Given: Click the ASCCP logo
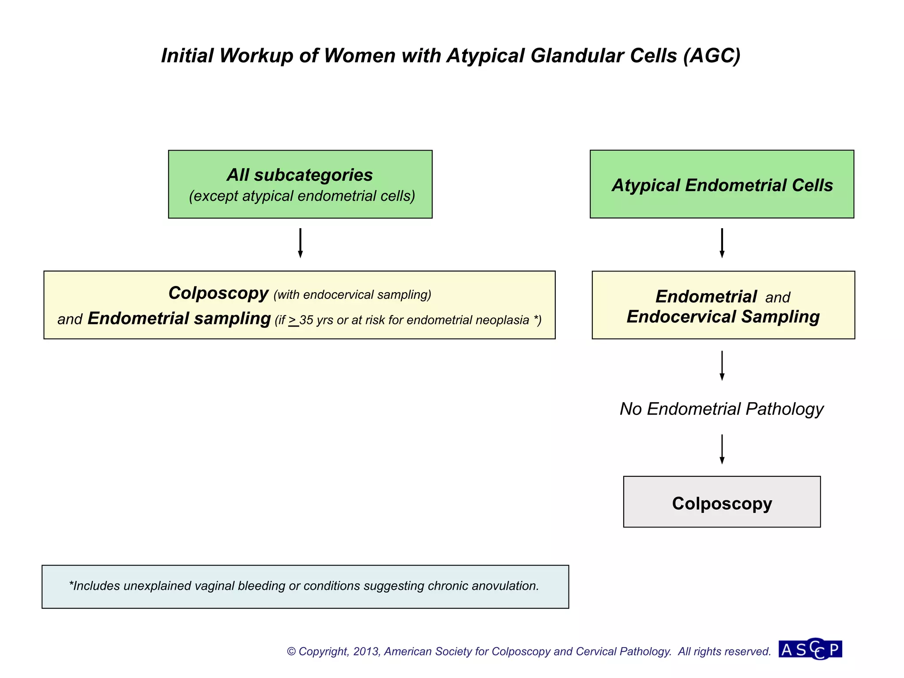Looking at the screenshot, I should tap(810, 649).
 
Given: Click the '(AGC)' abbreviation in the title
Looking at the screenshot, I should tap(712, 56).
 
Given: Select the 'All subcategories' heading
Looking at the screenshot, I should tap(300, 175).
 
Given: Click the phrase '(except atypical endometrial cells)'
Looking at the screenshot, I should tap(302, 196).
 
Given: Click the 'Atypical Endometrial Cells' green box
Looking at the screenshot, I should tap(722, 185).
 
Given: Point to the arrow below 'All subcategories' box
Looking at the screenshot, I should tap(300, 243).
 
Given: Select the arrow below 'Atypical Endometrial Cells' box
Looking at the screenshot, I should tap(722, 243).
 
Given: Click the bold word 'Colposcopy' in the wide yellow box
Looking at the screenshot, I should tap(218, 293).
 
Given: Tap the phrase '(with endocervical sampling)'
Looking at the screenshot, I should tap(352, 295).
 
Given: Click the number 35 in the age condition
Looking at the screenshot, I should tap(306, 320).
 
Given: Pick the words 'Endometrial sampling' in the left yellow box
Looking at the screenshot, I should tap(179, 318).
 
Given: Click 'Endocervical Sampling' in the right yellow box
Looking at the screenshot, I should tap(723, 317).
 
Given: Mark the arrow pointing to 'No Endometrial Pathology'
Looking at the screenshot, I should tap(722, 365).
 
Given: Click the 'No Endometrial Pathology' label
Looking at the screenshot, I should tap(722, 409).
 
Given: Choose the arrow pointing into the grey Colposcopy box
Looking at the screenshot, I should tap(722, 449).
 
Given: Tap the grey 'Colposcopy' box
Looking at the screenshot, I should tap(722, 502).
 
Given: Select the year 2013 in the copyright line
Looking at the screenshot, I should tap(366, 652).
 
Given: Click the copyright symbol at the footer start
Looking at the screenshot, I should tap(291, 652).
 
